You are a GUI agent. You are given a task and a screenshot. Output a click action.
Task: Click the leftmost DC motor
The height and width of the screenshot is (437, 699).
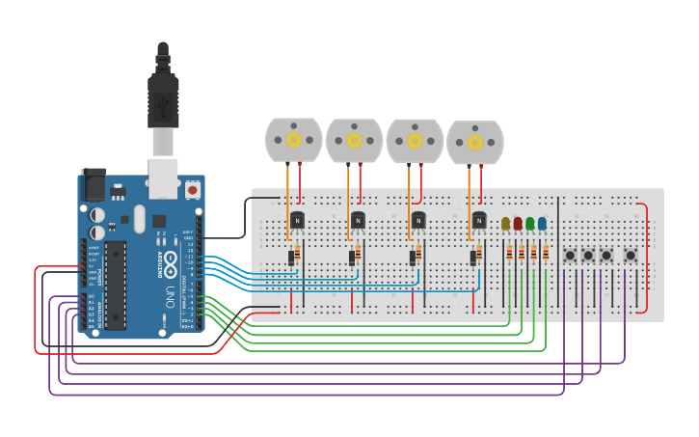coord(294,141)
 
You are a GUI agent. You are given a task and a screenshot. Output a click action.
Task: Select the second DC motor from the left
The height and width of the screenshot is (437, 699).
coord(354,141)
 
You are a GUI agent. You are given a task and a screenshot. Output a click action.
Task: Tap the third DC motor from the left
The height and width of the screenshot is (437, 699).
coord(415,141)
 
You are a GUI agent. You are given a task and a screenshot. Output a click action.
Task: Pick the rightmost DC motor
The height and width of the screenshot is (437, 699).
coord(474,142)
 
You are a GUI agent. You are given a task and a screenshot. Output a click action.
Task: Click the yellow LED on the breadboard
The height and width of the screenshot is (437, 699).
coord(505,224)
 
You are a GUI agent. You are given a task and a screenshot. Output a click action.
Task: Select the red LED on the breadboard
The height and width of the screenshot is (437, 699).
coord(518,224)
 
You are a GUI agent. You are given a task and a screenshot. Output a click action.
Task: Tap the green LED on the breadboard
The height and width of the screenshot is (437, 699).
coord(529,224)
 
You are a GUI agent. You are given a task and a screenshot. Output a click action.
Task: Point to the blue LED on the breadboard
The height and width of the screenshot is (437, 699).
coord(542,224)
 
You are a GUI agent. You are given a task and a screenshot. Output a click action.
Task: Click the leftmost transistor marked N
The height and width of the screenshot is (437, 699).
coord(297,220)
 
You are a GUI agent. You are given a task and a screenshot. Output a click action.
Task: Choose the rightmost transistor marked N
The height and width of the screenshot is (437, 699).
coord(479,220)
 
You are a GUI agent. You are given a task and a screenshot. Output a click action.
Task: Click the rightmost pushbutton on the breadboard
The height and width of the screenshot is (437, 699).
coord(630,256)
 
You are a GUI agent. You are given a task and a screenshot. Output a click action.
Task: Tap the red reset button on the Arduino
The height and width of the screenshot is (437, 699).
coord(192,190)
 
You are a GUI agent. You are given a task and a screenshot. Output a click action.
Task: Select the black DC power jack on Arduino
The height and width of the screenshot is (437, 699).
coord(94,184)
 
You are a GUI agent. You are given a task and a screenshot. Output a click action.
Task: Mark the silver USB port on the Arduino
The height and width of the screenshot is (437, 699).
coord(162,177)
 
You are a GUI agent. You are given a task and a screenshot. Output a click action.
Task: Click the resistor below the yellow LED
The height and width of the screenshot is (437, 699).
coord(509,254)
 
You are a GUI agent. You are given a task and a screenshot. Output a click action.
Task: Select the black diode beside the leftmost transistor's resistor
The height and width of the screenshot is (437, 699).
coord(290,258)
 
